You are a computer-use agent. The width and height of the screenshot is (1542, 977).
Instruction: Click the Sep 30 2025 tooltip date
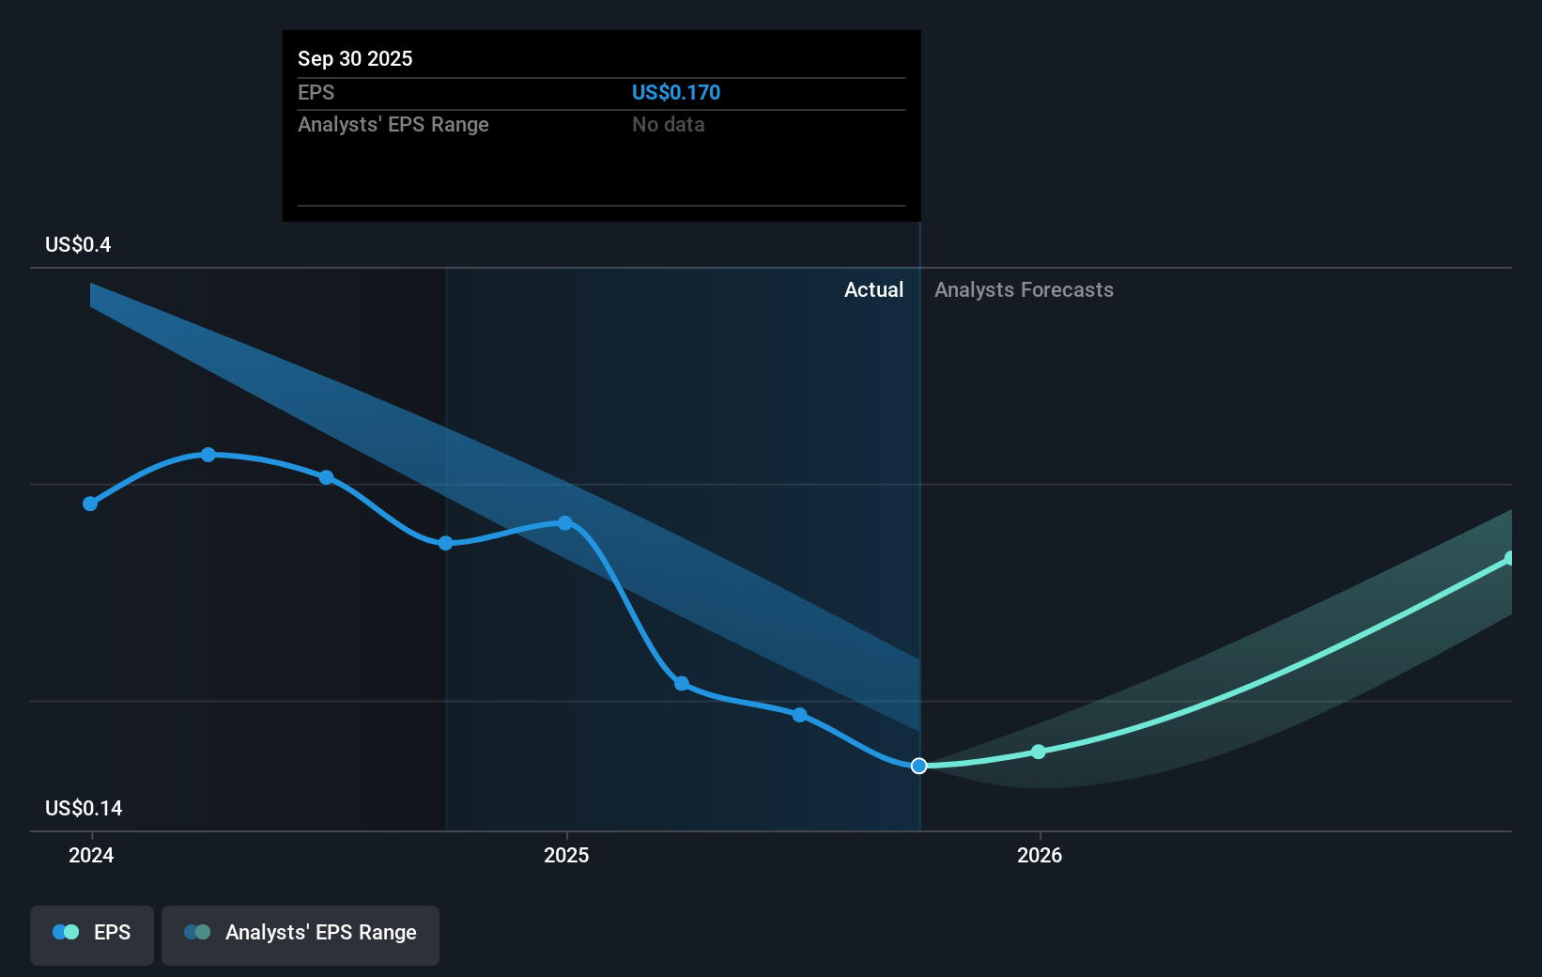[x=355, y=58]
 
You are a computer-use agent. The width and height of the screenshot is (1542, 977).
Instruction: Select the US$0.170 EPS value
[x=675, y=92]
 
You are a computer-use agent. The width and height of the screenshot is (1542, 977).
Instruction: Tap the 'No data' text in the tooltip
[x=668, y=124]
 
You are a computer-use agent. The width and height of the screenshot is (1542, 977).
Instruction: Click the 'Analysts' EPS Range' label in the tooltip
[x=393, y=124]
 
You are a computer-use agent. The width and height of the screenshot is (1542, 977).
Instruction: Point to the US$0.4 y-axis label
[x=78, y=244]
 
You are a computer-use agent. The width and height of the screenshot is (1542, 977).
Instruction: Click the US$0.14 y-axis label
[x=84, y=808]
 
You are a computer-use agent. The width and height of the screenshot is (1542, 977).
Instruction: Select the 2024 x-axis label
[x=91, y=855]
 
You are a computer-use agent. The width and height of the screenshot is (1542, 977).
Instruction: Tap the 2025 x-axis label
[x=566, y=855]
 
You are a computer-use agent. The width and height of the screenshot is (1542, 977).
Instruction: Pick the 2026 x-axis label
[x=1040, y=855]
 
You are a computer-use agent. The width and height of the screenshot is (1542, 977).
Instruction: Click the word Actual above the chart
[x=873, y=289]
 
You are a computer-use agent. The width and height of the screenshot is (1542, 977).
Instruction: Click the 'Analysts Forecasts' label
[x=1024, y=289]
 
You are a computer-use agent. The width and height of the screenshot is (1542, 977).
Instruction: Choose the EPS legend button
[x=92, y=933]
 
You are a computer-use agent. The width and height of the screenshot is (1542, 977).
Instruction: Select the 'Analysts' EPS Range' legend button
[x=301, y=933]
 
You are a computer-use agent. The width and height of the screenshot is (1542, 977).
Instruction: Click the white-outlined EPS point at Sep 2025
[x=919, y=766]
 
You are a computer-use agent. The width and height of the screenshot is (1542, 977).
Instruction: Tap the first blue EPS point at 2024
[x=90, y=504]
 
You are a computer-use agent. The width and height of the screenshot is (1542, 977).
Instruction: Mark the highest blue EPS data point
[x=208, y=455]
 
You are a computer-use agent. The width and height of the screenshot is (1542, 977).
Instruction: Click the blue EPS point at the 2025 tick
[x=565, y=522]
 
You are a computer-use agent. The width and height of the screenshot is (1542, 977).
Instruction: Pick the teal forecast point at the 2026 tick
[x=1039, y=752]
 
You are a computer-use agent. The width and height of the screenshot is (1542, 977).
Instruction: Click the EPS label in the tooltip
[x=316, y=92]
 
